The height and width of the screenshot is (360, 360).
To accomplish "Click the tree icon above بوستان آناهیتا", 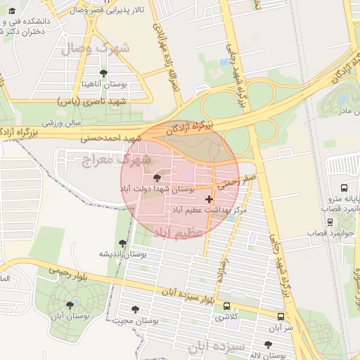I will [104, 73].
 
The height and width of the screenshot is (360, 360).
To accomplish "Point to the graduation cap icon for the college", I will [12, 9].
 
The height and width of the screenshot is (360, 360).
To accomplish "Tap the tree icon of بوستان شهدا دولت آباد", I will [156, 178].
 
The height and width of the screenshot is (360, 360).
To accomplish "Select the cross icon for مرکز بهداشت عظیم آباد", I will [208, 199].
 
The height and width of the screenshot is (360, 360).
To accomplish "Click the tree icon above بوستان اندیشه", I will [122, 243].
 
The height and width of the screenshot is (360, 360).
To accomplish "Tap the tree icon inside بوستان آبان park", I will [69, 304].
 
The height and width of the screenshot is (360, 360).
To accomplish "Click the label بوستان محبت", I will [136, 320].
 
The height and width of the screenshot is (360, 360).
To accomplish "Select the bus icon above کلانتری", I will [226, 306].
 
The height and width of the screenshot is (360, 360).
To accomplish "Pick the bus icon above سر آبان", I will [281, 317].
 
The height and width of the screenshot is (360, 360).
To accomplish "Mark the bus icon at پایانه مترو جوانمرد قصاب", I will [344, 188].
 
